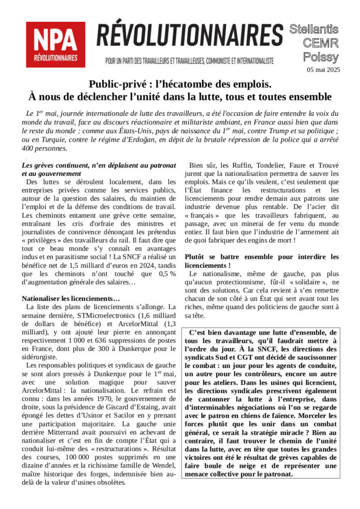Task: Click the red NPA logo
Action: pos(55,44)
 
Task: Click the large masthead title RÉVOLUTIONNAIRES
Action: pos(189,36)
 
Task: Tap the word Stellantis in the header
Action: pos(314,29)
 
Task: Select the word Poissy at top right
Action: pos(321,57)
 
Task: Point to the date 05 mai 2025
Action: pos(323,70)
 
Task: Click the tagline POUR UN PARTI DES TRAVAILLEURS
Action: pos(189,61)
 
